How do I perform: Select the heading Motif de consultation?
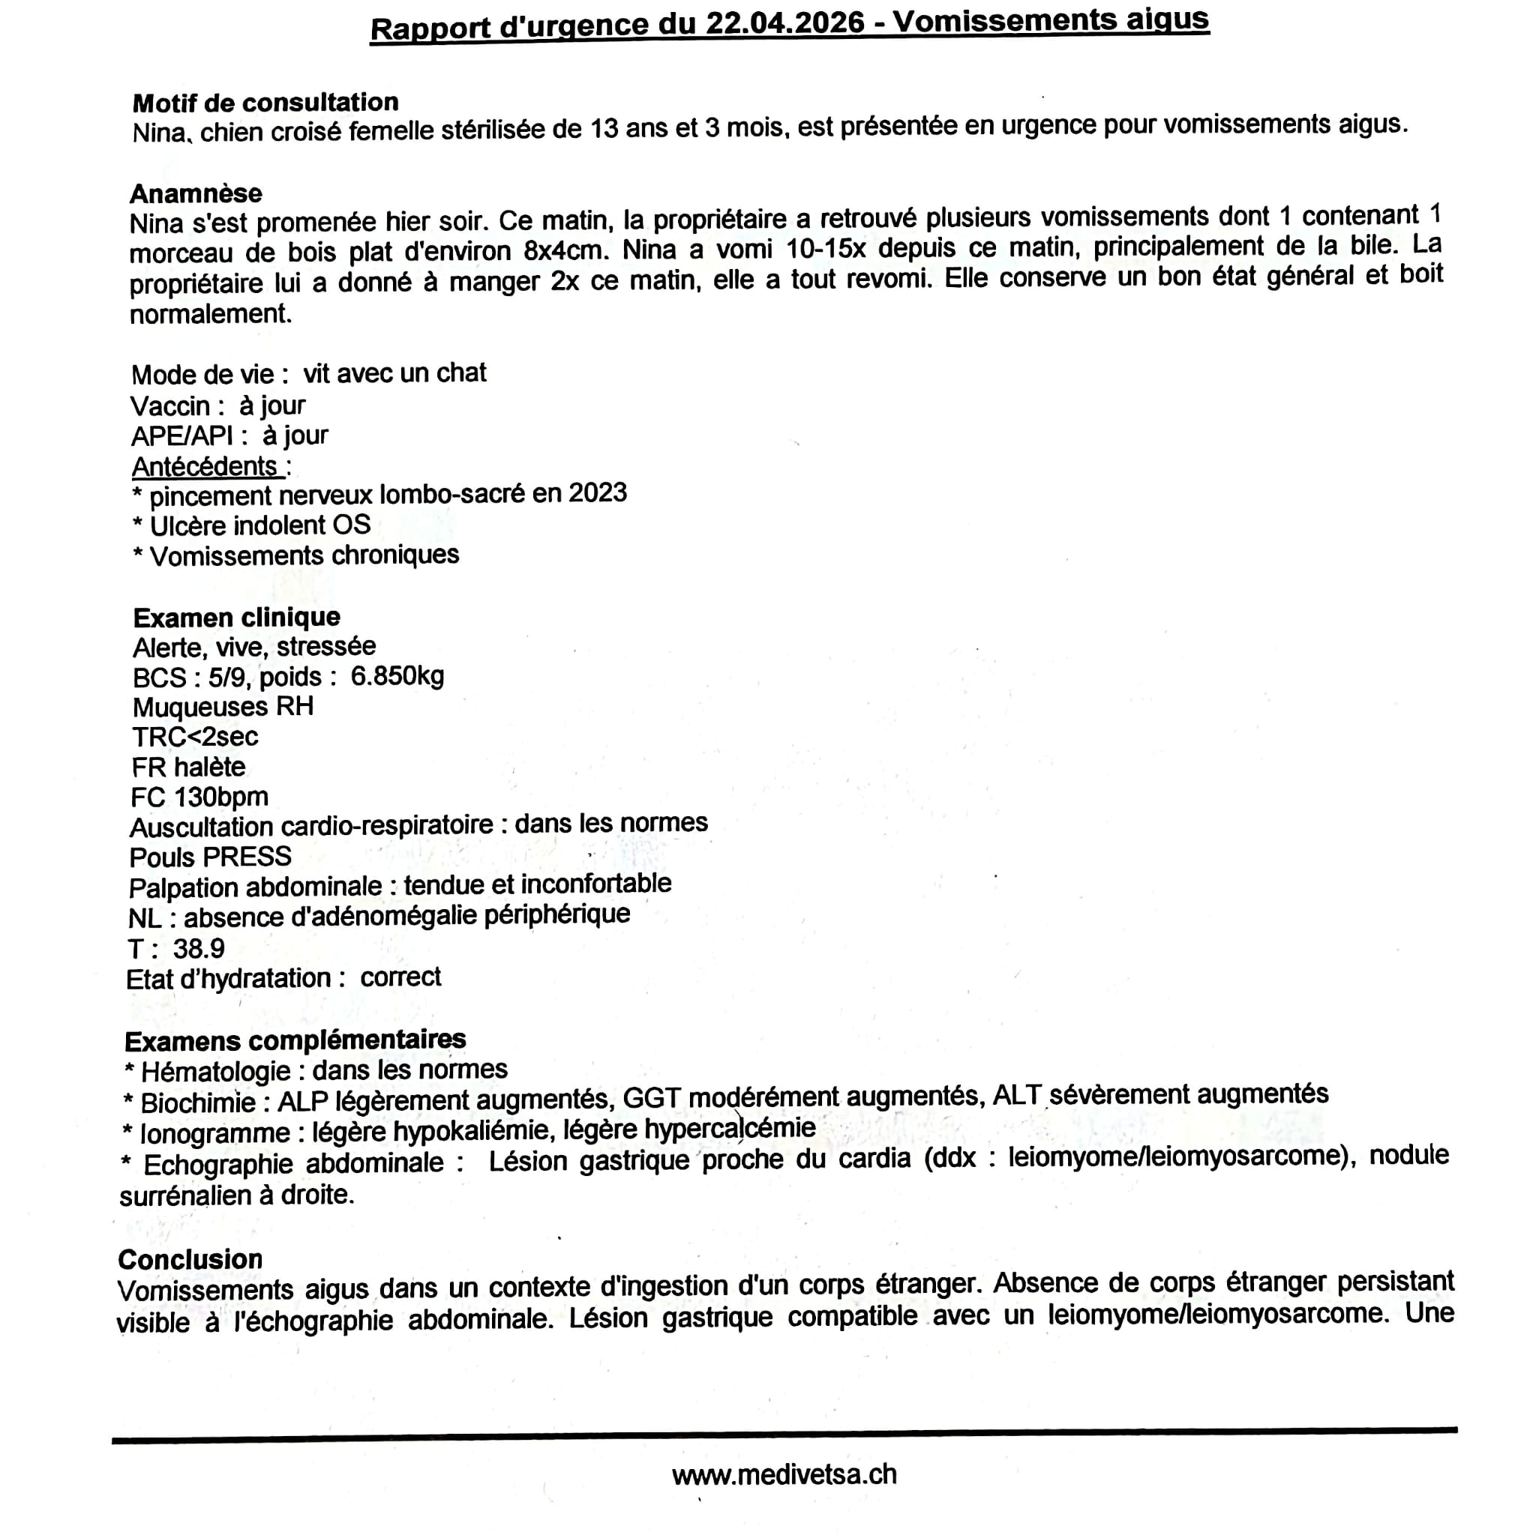(x=265, y=103)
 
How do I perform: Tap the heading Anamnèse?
(x=196, y=193)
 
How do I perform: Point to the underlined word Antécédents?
(x=205, y=465)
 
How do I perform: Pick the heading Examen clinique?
(x=237, y=618)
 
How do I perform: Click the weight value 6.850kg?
(x=397, y=676)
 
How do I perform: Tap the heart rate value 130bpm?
(x=222, y=796)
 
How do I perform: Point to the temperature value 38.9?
(x=199, y=948)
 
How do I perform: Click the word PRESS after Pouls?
(x=247, y=857)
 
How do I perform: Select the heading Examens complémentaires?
(x=295, y=1040)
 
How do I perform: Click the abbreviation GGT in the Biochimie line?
(x=652, y=1098)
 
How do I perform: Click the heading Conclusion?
(x=190, y=1259)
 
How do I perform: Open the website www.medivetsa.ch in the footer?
(x=784, y=1474)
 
